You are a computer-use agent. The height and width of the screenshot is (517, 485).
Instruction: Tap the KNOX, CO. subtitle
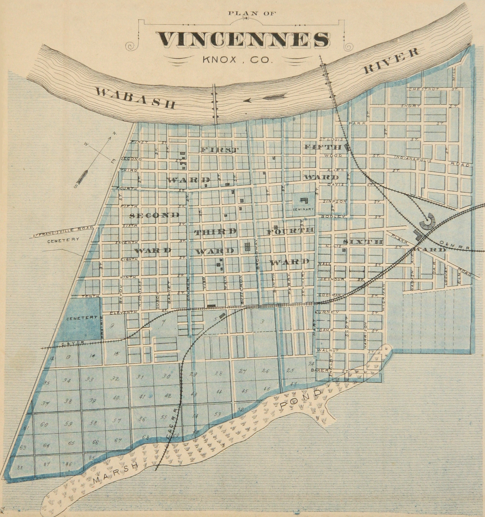coord(236,60)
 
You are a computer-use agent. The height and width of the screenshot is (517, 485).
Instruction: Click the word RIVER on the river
coord(392,60)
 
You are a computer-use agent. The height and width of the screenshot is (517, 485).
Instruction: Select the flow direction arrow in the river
coord(265,98)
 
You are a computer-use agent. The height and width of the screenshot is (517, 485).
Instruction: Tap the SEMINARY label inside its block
coord(303,209)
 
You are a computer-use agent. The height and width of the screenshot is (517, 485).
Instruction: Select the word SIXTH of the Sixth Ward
coord(363,242)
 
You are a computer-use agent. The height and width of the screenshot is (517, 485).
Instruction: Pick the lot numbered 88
coord(20,467)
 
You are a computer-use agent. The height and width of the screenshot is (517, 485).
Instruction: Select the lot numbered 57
coord(117,421)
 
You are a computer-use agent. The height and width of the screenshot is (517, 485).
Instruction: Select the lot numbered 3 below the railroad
coord(262,321)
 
